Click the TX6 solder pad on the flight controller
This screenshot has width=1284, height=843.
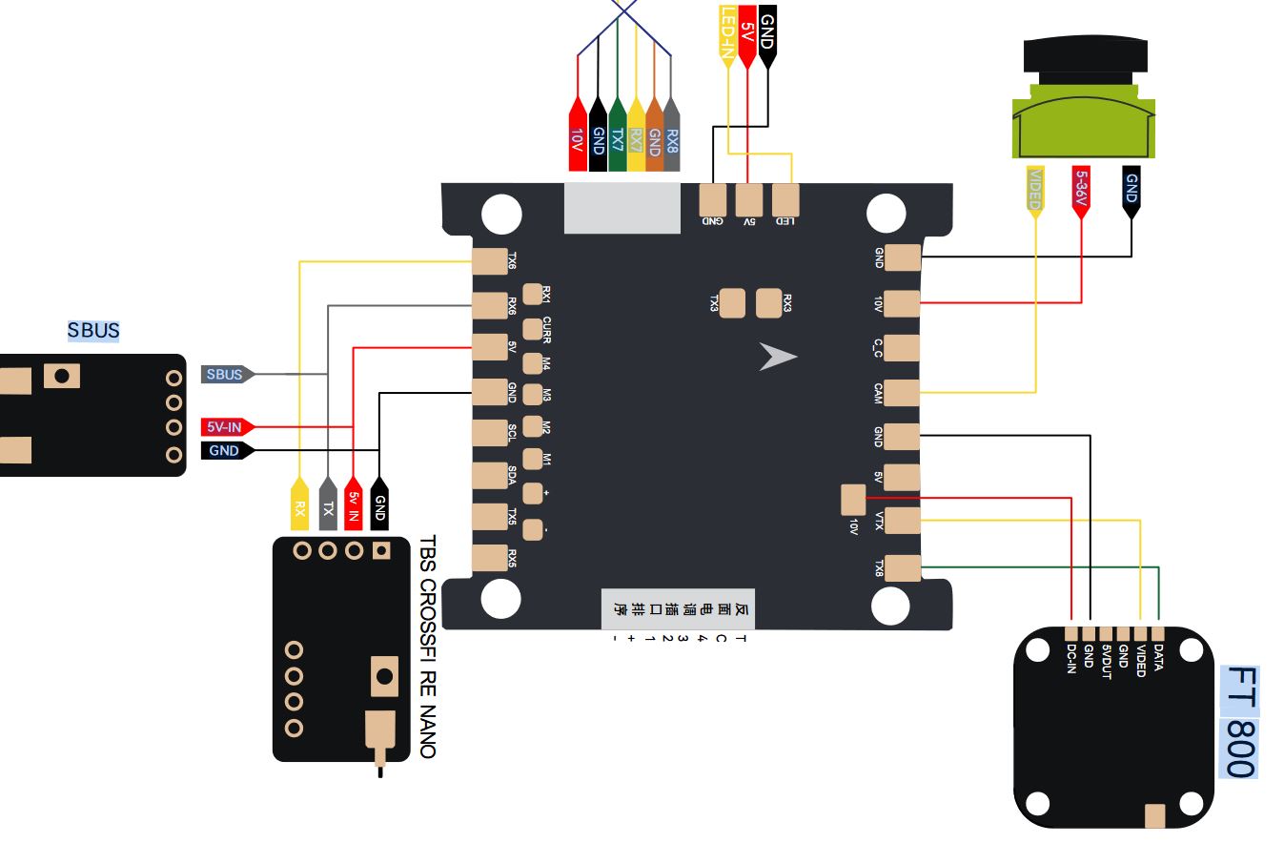(490, 261)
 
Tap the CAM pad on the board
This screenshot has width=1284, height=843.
(902, 393)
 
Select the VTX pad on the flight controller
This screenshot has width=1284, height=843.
(902, 521)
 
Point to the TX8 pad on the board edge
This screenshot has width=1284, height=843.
(902, 568)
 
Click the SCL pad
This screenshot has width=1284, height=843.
(490, 433)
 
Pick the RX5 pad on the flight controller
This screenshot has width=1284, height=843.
(490, 558)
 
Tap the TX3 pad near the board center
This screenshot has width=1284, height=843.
(733, 303)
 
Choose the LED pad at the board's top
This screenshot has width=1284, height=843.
(785, 200)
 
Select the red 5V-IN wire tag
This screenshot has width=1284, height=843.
(225, 426)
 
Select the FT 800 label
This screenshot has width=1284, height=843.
(1239, 722)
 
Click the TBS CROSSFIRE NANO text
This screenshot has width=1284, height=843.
(427, 647)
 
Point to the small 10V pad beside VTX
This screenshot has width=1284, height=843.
(853, 498)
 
